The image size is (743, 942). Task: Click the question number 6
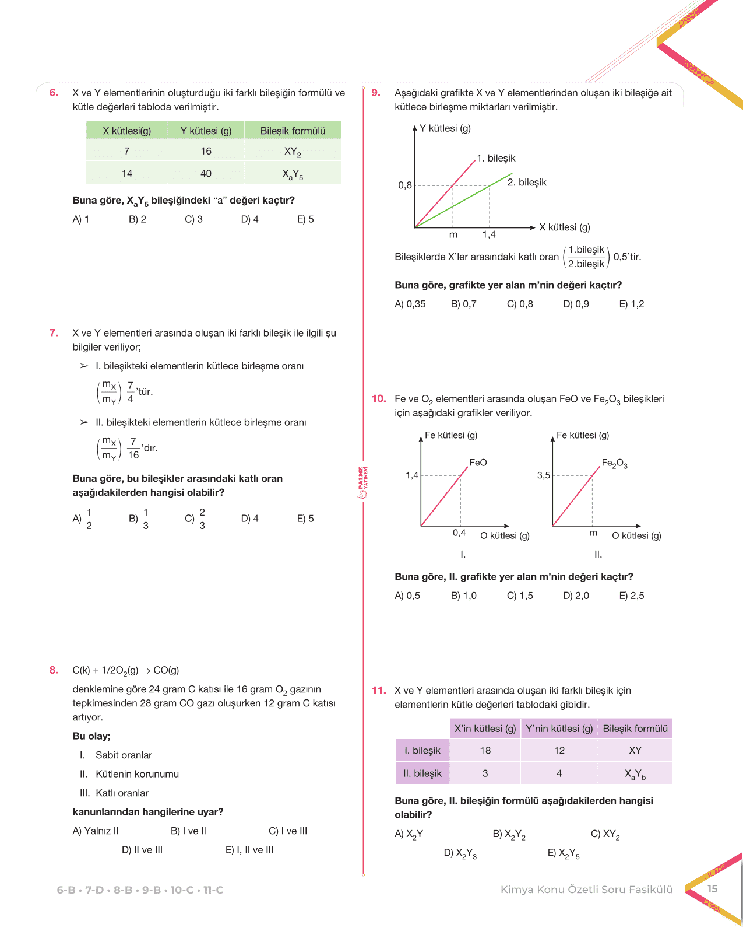point(54,93)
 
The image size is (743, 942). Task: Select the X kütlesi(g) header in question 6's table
point(127,131)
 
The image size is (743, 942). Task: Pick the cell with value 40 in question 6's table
point(206,173)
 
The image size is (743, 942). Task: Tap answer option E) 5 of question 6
point(305,219)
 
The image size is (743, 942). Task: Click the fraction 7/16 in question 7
point(133,449)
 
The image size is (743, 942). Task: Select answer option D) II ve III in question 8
point(142,850)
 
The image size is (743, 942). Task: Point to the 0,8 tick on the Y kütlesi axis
point(405,185)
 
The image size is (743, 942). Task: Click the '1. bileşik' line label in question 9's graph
point(496,158)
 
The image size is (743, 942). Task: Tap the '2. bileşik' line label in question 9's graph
point(527,182)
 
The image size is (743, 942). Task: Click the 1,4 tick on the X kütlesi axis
point(489,234)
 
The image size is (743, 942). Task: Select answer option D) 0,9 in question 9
point(576,304)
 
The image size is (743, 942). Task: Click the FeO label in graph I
point(478,463)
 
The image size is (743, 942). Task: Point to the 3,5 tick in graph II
point(544,475)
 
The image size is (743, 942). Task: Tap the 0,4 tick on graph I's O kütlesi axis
point(459,533)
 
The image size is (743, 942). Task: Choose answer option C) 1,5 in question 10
point(520,596)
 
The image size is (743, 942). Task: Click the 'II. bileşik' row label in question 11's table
point(422,773)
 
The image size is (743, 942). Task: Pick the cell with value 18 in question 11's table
point(485,751)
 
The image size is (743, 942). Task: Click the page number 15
point(712,889)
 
